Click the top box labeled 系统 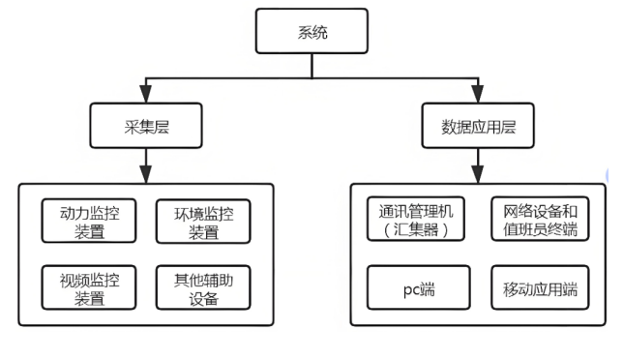tap(311, 33)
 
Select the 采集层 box tap(143, 125)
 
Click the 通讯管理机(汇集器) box tap(417, 220)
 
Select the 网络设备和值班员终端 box tap(540, 220)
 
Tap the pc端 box tap(417, 287)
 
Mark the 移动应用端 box tap(540, 287)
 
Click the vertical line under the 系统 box tap(311, 65)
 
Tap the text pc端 tap(417, 288)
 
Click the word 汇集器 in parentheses tap(417, 230)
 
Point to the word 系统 tap(311, 33)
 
